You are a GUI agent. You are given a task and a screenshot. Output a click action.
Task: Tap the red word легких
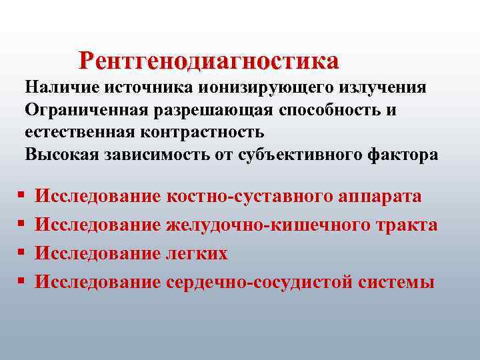pos(197,253)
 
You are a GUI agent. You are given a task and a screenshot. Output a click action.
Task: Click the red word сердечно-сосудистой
pos(259,282)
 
